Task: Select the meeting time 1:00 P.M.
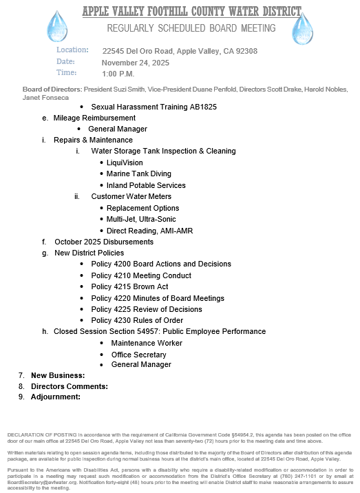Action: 118,73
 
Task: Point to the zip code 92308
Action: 246,51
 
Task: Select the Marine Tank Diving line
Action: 138,174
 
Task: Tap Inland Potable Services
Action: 146,185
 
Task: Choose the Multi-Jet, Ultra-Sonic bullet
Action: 140,219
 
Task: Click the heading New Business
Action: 58,375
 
